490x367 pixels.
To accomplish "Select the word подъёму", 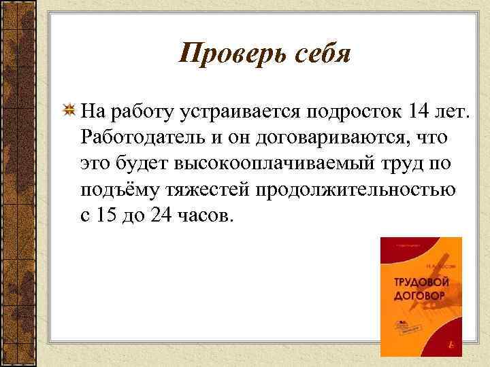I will [x=117, y=189].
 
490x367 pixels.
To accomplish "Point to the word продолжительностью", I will [x=357, y=189].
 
